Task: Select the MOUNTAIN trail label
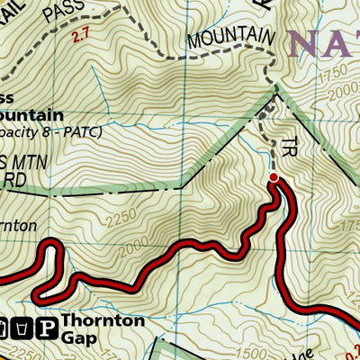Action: pos(229,39)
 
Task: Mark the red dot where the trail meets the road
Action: pos(274,178)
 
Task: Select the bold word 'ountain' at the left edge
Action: pos(31,115)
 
